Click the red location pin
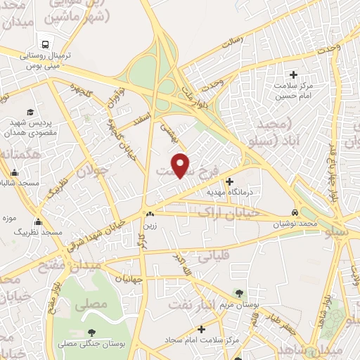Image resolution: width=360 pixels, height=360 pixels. (x=181, y=165)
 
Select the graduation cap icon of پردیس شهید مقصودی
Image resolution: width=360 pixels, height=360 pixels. (x=30, y=112)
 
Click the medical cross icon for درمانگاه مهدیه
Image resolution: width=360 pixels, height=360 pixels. (x=229, y=181)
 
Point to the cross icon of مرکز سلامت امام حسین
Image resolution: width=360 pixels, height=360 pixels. (x=293, y=75)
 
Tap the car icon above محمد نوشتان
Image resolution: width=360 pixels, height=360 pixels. (x=295, y=212)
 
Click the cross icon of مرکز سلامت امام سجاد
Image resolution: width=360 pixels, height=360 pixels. (x=202, y=328)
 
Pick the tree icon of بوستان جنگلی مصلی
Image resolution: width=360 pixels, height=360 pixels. (x=90, y=333)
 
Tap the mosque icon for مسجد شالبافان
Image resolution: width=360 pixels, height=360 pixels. (x=15, y=173)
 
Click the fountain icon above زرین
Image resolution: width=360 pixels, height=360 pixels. (x=149, y=214)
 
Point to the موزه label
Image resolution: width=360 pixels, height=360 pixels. (x=9, y=217)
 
